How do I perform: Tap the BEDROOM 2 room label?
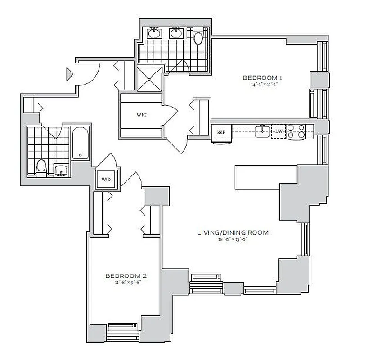pos(126,276)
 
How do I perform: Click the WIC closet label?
pos(141,115)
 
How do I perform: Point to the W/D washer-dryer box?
pos(106,179)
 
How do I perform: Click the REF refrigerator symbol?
pos(221,132)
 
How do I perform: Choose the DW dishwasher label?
pos(279,131)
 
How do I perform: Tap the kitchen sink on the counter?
pos(262,131)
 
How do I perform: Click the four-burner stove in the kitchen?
pos(296,131)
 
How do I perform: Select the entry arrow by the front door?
pos(69,74)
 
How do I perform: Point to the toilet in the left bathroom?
pos(41,167)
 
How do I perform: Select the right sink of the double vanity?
pos(175,33)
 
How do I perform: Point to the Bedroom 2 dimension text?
pos(126,283)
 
